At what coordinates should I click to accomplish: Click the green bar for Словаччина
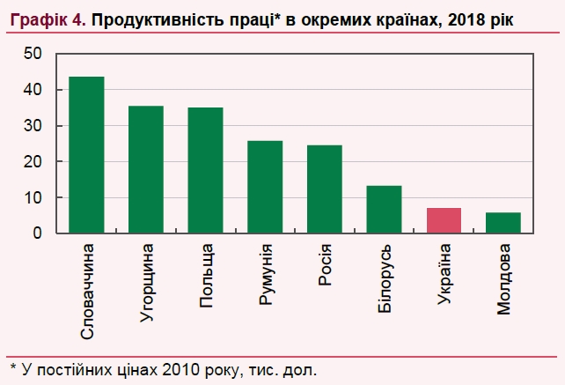[86, 155]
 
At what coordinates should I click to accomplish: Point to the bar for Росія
[324, 189]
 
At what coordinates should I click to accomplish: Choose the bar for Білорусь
[384, 210]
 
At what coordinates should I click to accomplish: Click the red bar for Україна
[444, 221]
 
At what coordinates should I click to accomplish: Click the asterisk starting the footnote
[12, 365]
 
